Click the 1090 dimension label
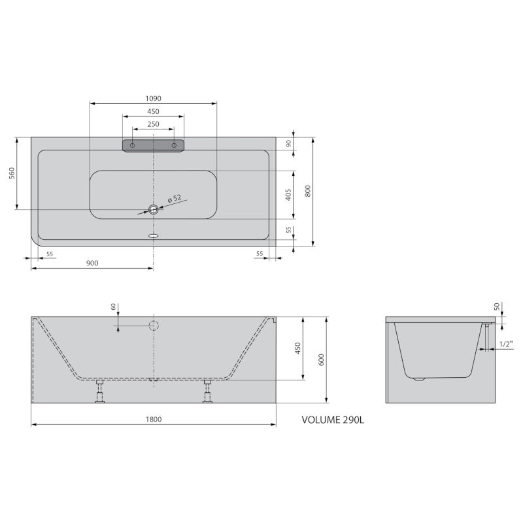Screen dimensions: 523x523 [x=153, y=98]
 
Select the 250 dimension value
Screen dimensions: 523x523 [x=153, y=124]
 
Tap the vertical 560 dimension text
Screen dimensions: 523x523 [x=12, y=173]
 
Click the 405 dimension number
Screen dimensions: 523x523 [x=288, y=194]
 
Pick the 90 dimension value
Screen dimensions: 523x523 [x=288, y=144]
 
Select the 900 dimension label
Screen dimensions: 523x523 [x=92, y=263]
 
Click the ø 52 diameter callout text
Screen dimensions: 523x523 [x=174, y=199]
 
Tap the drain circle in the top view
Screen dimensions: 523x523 [x=153, y=209]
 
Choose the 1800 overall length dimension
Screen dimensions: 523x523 [x=153, y=420]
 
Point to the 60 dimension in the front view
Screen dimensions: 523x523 [x=113, y=306]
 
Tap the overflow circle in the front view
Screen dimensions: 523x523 [x=153, y=326]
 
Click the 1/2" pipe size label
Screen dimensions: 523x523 [x=505, y=344]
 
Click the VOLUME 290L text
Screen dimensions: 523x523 [x=332, y=420]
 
